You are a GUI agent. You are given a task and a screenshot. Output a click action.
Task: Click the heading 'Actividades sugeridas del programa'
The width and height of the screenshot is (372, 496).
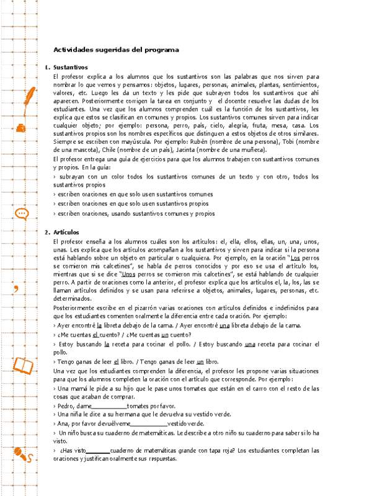point(116,49)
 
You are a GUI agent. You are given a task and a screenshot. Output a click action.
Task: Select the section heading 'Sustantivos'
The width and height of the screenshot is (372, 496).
point(71,67)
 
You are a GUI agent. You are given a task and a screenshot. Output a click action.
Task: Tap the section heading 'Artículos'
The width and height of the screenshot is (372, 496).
point(67,232)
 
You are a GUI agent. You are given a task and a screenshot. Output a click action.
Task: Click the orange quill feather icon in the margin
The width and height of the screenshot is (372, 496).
point(27,99)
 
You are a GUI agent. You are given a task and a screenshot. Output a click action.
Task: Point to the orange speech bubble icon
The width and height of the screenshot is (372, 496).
point(22,214)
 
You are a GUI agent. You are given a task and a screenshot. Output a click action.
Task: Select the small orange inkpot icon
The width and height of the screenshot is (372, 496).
point(21,128)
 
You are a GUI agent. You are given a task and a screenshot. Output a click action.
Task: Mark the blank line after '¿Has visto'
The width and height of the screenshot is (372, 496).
point(97,451)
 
